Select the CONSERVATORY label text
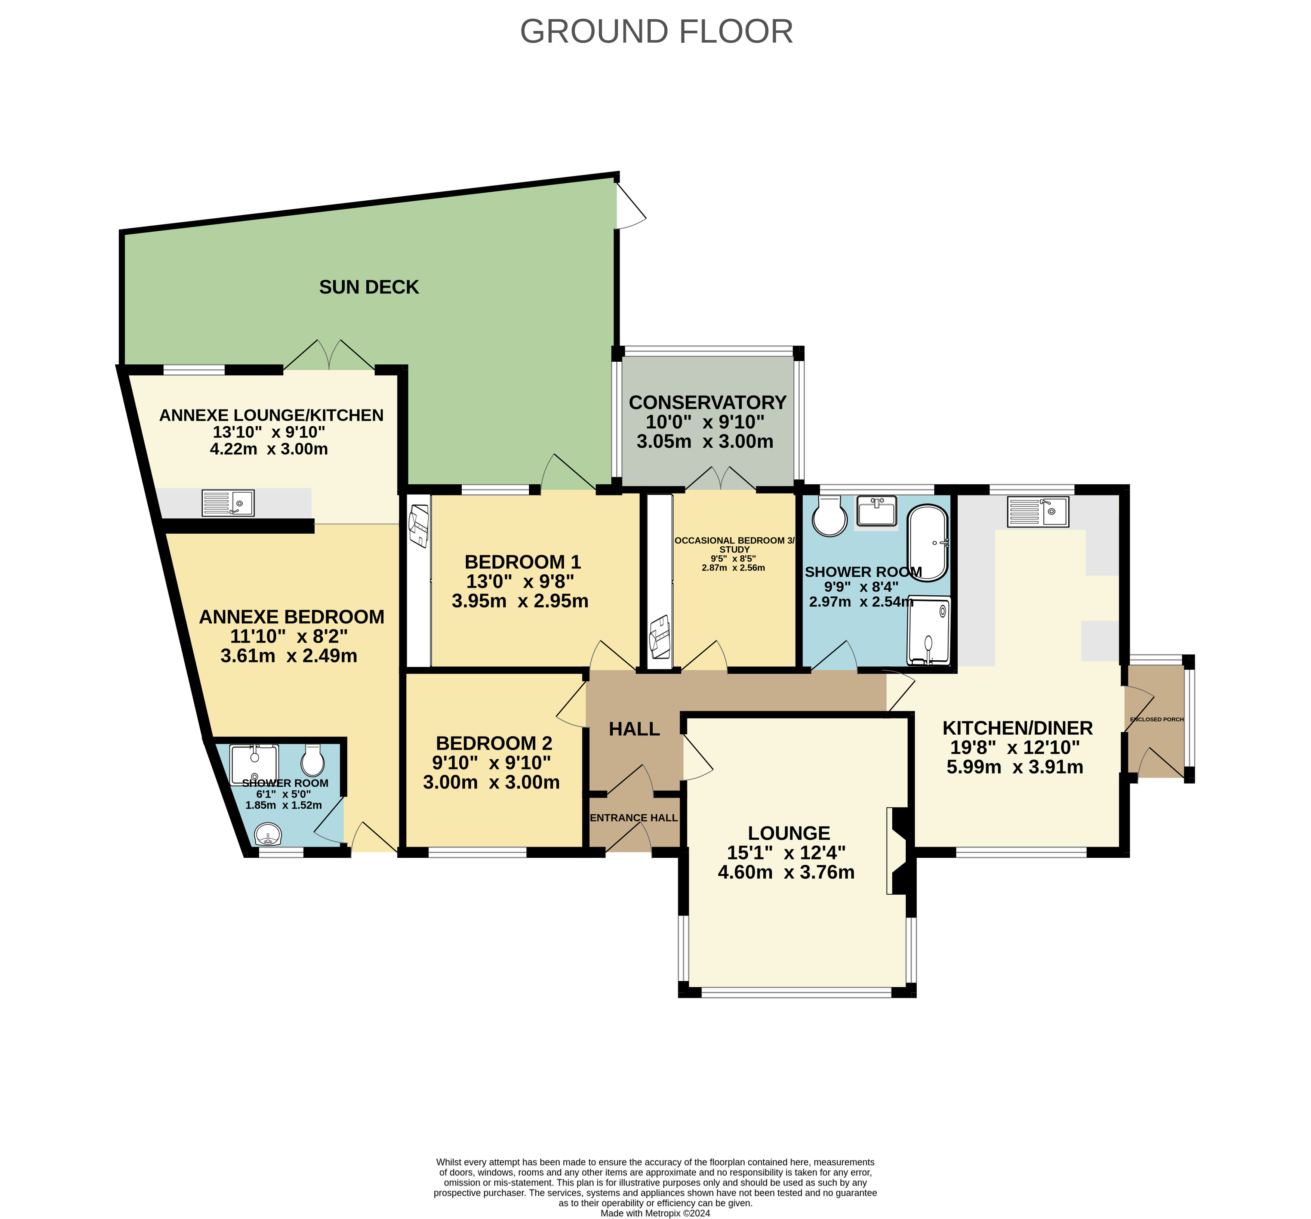[708, 402]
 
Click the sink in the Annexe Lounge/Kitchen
[228, 503]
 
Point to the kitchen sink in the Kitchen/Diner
[1038, 512]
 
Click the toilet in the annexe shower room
[313, 760]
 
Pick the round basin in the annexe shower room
[268, 834]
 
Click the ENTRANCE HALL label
[634, 818]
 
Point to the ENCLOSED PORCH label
[1157, 719]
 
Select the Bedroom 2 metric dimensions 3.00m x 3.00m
[491, 782]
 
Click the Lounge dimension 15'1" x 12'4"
[786, 852]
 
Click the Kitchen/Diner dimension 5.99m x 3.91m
[1015, 767]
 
